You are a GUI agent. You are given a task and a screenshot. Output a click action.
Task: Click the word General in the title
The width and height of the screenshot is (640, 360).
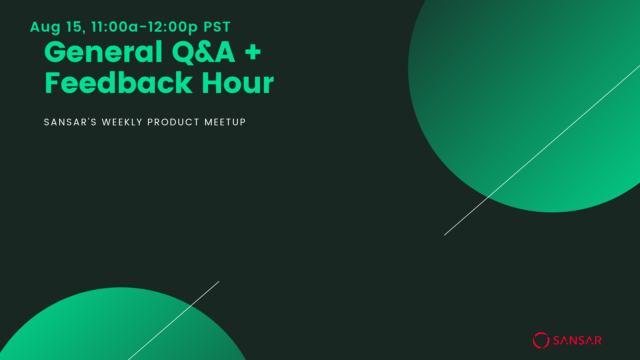103,52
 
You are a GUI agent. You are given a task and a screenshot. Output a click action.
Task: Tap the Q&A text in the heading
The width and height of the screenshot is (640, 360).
204,52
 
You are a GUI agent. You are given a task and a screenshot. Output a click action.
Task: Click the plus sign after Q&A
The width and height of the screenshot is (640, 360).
253,53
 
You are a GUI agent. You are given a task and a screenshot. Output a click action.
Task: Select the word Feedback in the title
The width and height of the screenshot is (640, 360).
119,83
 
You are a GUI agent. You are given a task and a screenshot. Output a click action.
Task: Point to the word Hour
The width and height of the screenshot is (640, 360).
238,83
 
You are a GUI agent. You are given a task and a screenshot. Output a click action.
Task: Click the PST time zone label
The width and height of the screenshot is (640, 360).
217,27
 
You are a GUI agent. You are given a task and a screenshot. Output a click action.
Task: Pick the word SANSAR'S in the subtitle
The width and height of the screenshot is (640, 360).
70,122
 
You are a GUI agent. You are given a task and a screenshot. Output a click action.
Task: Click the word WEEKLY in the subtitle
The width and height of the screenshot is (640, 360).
122,122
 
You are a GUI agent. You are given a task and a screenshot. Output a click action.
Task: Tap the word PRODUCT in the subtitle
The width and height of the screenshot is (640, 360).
173,122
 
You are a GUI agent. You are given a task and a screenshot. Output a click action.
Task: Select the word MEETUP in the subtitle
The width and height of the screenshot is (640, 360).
225,122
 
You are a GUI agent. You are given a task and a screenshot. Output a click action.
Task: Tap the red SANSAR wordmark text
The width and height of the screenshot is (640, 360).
577,340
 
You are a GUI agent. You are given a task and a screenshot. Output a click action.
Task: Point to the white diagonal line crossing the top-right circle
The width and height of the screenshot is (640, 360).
542,150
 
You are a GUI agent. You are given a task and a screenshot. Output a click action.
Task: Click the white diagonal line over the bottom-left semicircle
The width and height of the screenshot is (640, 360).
174,321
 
